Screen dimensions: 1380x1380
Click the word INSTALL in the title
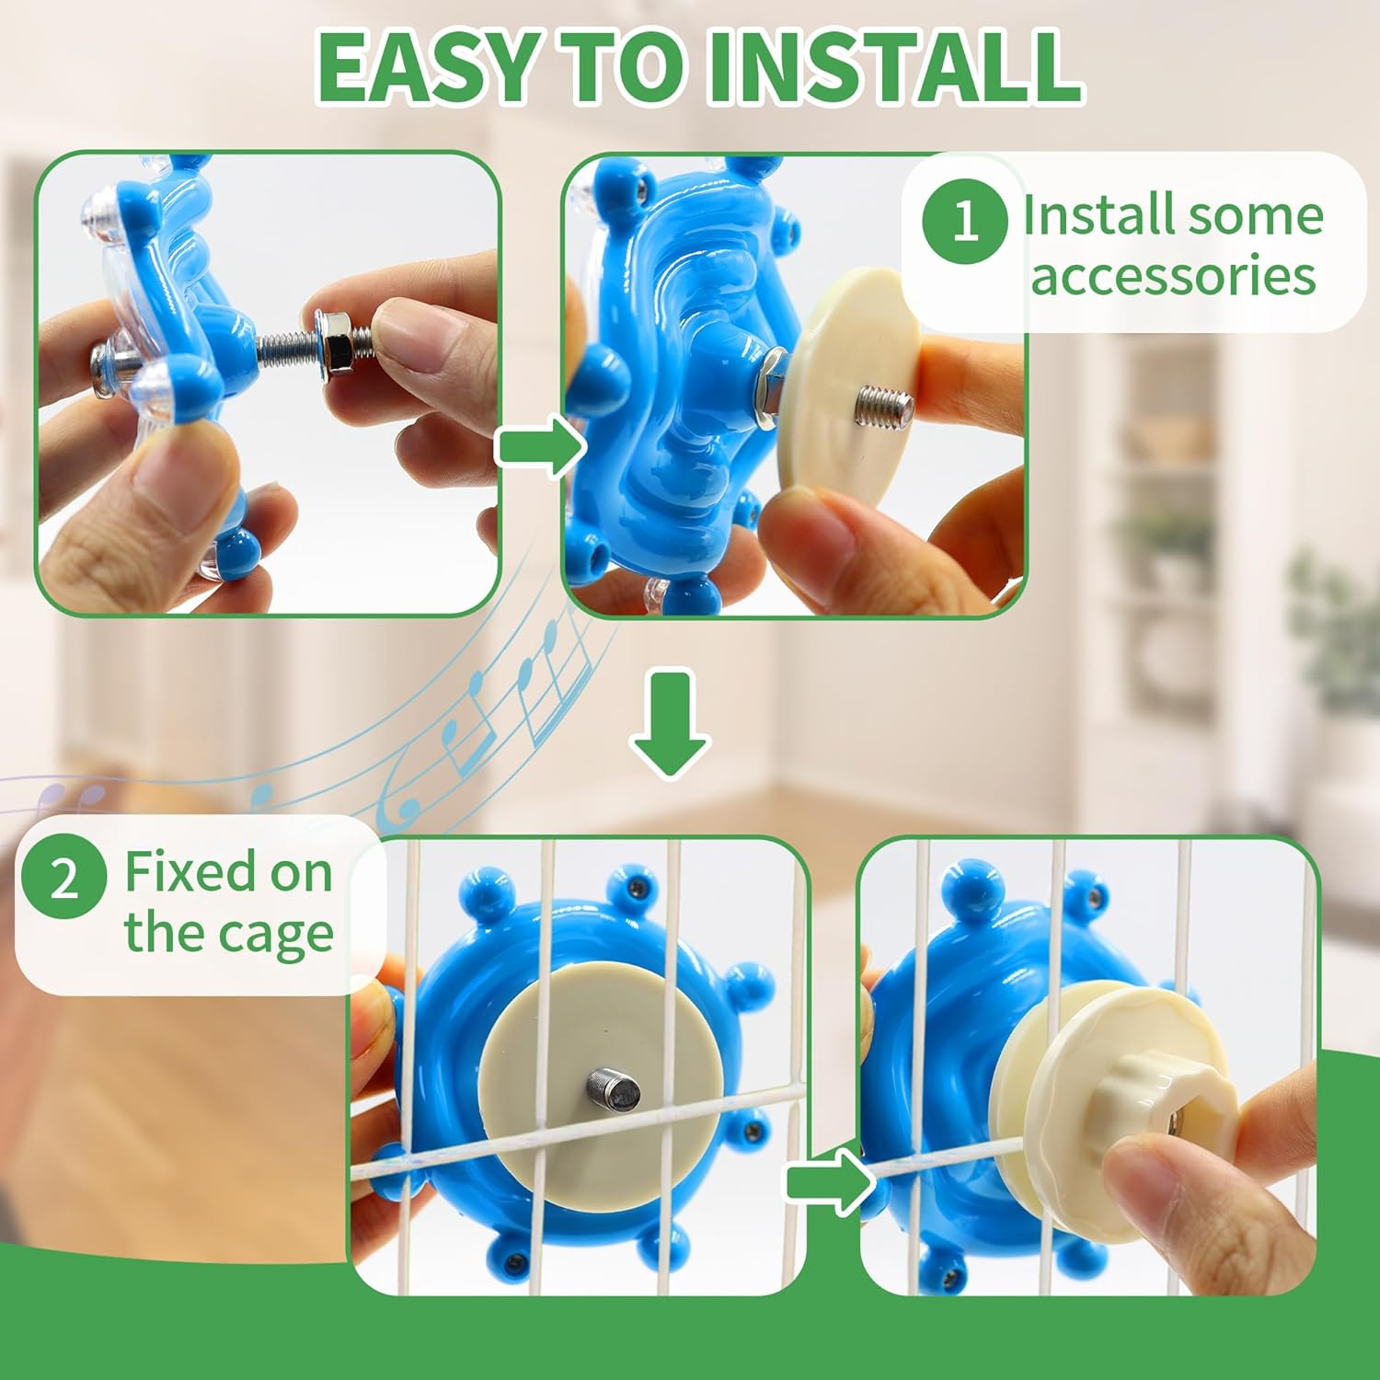tap(892, 68)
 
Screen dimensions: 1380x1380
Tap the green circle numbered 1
tap(964, 221)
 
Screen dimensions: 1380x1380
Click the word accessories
tap(1173, 276)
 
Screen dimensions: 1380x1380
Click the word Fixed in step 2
tap(189, 871)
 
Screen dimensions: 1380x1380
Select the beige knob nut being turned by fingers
tap(1168, 1095)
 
